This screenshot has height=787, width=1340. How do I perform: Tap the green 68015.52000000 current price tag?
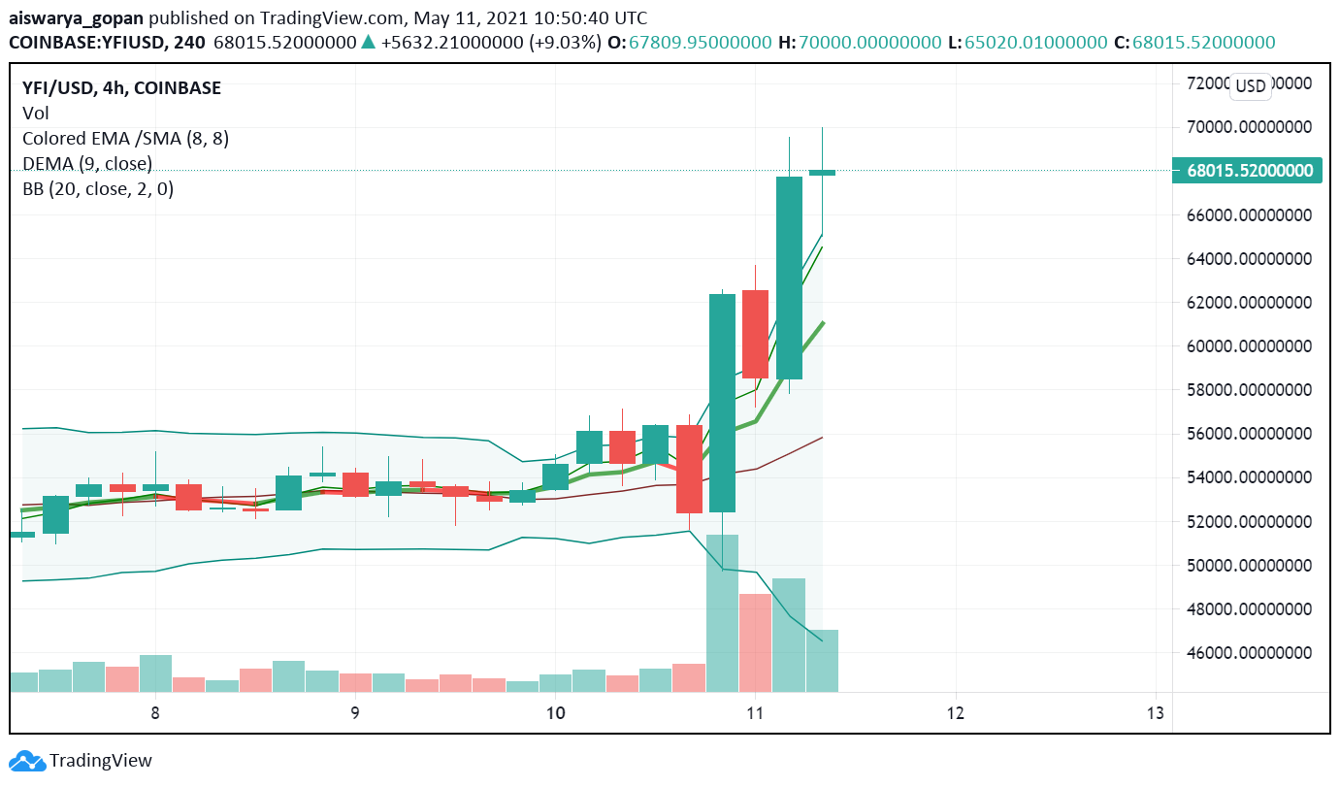tap(1250, 171)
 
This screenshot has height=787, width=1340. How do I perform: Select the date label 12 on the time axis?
tap(955, 713)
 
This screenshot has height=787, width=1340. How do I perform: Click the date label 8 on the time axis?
tap(155, 713)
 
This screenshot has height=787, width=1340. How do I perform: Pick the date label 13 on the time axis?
tap(1155, 713)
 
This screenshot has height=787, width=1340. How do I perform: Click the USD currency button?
tap(1250, 86)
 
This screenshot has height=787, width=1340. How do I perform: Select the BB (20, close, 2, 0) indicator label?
tap(98, 189)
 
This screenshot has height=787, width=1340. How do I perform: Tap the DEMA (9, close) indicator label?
tap(87, 164)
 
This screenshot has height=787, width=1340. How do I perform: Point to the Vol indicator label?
tap(36, 114)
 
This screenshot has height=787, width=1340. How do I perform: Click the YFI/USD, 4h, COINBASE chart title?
tap(121, 88)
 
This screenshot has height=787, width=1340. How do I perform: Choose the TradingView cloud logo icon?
tap(27, 761)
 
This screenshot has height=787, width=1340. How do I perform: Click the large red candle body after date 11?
tap(755, 334)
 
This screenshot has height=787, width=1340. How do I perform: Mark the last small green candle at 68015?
tap(822, 173)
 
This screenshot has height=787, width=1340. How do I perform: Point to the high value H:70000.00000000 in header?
tap(860, 43)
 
